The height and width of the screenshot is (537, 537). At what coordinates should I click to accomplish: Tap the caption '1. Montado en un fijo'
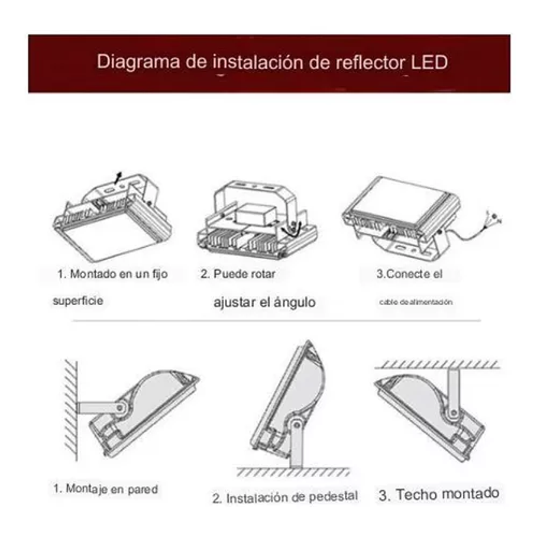(112, 274)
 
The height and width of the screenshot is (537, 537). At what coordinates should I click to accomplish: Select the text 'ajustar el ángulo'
(264, 302)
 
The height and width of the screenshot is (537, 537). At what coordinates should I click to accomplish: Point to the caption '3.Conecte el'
(409, 274)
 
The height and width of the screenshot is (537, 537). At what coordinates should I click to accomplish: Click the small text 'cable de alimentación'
(416, 302)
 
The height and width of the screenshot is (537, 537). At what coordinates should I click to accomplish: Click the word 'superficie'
(78, 300)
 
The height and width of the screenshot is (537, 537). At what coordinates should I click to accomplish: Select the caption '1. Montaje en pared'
(106, 489)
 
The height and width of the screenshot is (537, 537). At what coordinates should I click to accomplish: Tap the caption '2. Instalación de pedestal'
(285, 497)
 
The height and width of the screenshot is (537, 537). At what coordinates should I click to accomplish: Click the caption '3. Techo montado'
(439, 494)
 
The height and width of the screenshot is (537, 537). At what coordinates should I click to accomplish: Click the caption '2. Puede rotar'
(237, 274)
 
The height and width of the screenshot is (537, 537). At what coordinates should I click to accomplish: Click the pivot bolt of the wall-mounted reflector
(121, 407)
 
